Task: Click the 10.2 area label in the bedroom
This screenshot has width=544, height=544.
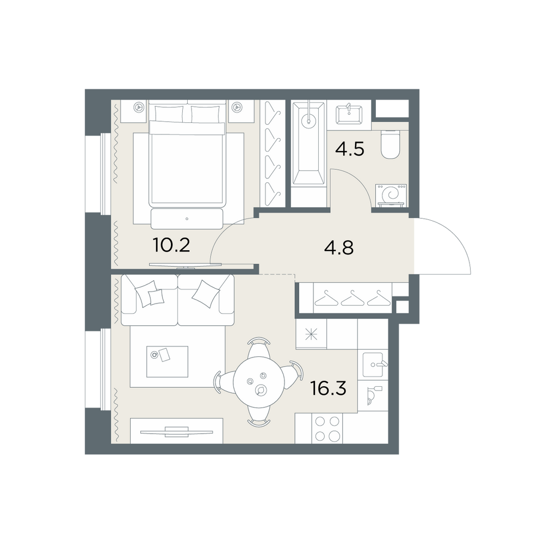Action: click(171, 245)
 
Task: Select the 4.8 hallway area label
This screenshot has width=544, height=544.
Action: click(338, 248)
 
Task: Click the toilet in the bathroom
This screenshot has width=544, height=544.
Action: click(390, 144)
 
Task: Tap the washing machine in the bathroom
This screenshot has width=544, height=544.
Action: click(391, 195)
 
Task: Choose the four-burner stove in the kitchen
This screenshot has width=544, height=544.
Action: click(327, 429)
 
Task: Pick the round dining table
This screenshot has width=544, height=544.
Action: click(259, 382)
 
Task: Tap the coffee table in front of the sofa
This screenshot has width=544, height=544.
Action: click(167, 361)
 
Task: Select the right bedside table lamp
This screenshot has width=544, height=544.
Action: click(237, 107)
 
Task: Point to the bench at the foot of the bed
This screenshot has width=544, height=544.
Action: click(187, 219)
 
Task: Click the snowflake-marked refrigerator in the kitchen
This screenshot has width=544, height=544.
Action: click(311, 334)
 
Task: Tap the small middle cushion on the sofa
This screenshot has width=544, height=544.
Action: click(156, 297)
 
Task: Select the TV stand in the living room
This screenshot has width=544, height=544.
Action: click(176, 430)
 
